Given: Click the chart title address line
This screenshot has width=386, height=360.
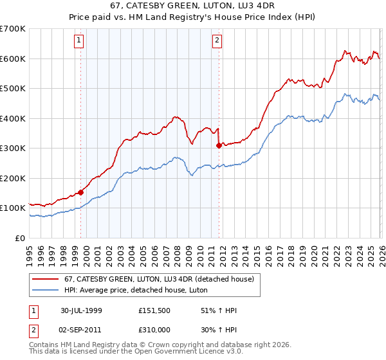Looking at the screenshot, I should coord(193,5).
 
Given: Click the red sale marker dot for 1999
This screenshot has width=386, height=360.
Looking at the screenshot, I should coord(81,192).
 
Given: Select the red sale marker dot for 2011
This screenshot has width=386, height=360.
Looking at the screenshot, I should coord(219,145).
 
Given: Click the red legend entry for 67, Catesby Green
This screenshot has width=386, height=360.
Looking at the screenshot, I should coord(160,279).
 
